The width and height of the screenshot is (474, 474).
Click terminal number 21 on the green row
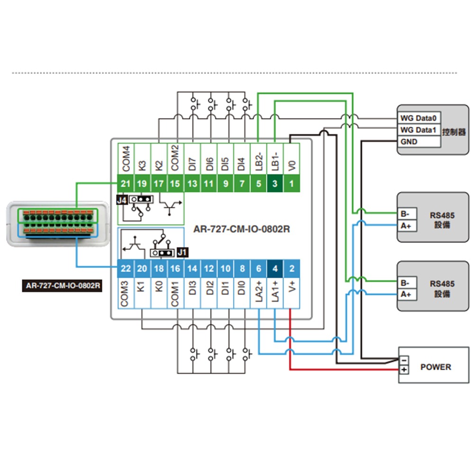pyautogui.click(x=126, y=183)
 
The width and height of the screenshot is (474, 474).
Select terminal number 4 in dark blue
pyautogui.click(x=275, y=269)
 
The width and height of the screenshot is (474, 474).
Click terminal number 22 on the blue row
pyautogui.click(x=126, y=269)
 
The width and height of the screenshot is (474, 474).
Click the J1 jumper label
pyautogui.click(x=182, y=252)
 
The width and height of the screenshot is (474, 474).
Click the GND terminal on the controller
pyautogui.click(x=409, y=141)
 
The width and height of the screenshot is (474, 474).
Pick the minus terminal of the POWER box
pyautogui.click(x=403, y=360)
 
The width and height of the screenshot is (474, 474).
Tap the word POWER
pyautogui.click(x=436, y=367)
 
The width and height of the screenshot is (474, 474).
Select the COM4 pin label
pyautogui.click(x=126, y=159)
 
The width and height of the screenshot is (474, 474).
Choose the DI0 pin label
pyautogui.click(x=242, y=289)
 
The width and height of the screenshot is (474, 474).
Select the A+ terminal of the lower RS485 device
pyautogui.click(x=405, y=294)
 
